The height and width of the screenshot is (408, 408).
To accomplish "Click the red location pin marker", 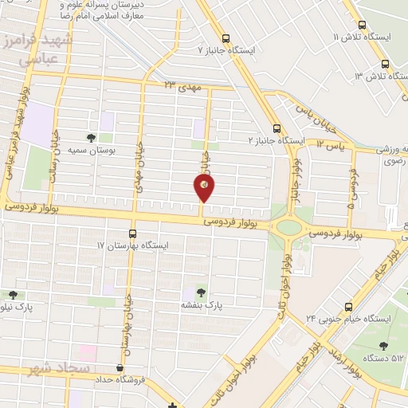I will (x=203, y=187).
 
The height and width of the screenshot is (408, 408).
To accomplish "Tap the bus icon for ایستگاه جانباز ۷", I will (x=227, y=37).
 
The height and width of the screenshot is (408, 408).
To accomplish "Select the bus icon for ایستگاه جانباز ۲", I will (x=277, y=127).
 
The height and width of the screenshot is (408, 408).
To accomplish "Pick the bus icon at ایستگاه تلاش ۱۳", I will (x=385, y=64).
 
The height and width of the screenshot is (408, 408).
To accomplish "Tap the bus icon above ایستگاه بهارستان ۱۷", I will (x=132, y=233).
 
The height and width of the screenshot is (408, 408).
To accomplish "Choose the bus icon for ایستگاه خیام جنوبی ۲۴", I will (x=347, y=307).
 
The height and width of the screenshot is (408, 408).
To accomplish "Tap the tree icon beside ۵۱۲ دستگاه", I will (x=383, y=346).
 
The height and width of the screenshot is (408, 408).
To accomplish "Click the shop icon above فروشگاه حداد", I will (x=120, y=368).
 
